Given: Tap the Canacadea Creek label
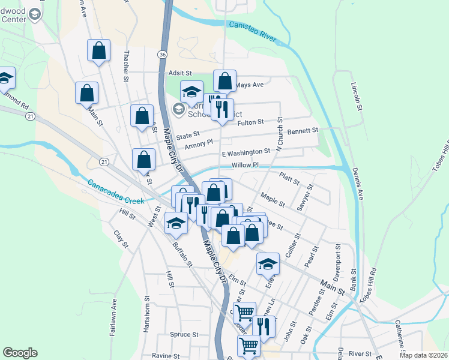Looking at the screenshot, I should point(116,192).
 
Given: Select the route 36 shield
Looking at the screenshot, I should point(163,55).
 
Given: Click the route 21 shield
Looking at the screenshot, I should point(104,163).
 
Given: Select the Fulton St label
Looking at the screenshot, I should point(251,122).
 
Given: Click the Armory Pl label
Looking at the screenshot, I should point(199,144).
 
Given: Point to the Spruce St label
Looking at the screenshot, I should point(180,335).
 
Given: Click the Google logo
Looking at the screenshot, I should point(20,353).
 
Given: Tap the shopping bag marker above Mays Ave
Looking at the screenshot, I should point(224,80).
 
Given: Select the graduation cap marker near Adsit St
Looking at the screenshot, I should point(191,91).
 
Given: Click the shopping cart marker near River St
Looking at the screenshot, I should point(248,346).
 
